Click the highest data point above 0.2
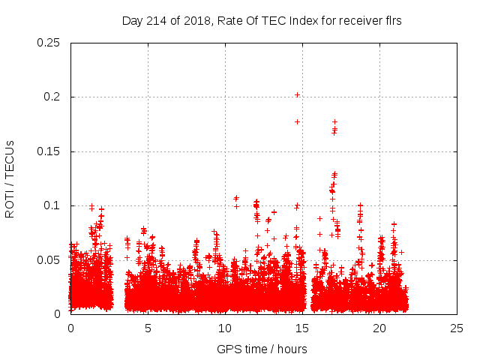coord(298,94)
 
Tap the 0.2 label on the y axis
coord(52,97)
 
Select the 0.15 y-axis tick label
coord(49,151)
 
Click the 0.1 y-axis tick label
coord(52,205)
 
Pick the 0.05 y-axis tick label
coord(49,259)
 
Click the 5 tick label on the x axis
coord(148,328)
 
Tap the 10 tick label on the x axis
coord(225,328)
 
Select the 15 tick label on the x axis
coord(302,328)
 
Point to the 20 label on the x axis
coord(379,328)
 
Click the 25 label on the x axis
coord(457,328)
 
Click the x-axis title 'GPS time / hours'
coord(262,349)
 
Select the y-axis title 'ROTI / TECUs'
coord(10,178)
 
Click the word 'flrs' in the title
coord(392,21)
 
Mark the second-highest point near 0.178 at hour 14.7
coord(298,121)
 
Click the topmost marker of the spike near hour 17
coord(334,121)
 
